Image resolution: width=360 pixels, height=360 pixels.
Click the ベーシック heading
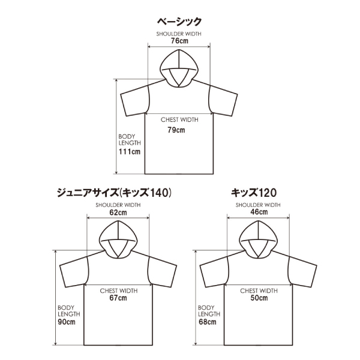180,22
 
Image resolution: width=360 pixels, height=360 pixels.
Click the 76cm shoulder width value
180,42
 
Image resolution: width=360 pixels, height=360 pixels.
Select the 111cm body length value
129,152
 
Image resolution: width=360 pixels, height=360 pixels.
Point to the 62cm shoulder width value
118,212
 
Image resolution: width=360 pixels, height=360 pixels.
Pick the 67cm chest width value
118,298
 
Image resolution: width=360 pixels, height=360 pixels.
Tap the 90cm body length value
66,322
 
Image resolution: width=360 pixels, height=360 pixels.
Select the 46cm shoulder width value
259,212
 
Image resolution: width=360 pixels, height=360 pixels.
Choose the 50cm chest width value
259,298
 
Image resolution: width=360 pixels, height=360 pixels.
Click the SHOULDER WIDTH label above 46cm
259,205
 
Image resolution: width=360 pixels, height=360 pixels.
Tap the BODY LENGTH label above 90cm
66,311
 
